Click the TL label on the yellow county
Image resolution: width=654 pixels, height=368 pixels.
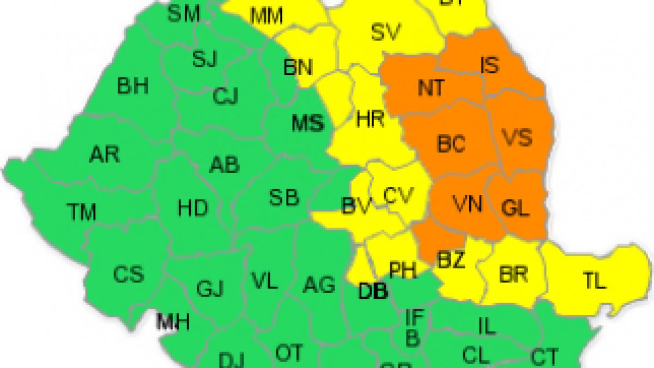595,281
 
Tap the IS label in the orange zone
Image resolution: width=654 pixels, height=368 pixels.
489,65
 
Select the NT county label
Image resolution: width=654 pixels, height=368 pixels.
431,88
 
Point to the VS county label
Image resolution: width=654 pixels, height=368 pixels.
517,137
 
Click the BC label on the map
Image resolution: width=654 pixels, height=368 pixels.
451,144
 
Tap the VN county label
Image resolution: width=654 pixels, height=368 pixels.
467,204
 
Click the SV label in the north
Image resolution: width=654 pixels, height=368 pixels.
386,33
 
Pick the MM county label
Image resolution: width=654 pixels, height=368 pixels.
267,16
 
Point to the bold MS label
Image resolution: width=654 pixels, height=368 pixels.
308,124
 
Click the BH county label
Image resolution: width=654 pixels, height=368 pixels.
133,86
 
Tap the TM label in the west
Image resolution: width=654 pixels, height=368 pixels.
81,212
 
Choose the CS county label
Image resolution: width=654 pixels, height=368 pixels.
129,274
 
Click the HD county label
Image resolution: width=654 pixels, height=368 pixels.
193,207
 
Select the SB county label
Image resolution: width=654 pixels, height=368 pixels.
284,197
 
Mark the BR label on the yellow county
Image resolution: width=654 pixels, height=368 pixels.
513,274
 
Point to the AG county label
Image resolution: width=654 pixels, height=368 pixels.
319,285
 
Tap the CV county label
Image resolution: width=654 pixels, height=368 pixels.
398,195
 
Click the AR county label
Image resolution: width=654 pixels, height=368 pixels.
104,155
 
